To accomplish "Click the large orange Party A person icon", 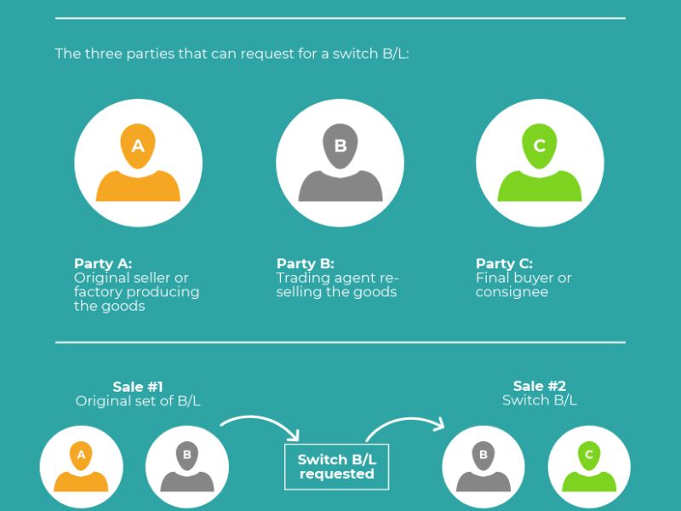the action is click(138, 163).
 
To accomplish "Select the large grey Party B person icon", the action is click(340, 163).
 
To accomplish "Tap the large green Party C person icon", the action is click(540, 163).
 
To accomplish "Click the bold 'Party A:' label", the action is click(103, 264).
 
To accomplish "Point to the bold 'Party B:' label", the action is click(306, 264).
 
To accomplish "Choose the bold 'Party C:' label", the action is click(504, 264).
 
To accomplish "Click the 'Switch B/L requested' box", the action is click(336, 467).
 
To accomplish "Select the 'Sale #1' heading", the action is click(138, 387).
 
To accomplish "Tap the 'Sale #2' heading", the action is click(540, 386).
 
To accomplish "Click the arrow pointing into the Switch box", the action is click(260, 418).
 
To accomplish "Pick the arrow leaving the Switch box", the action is click(403, 420).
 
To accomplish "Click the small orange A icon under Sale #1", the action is click(81, 467).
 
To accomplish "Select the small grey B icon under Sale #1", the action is click(187, 467).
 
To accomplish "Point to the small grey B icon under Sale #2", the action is click(484, 467).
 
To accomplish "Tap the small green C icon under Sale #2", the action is click(589, 467).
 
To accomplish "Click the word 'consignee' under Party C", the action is click(512, 291).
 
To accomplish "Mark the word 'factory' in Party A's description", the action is click(98, 292).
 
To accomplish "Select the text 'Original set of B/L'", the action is click(138, 400).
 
